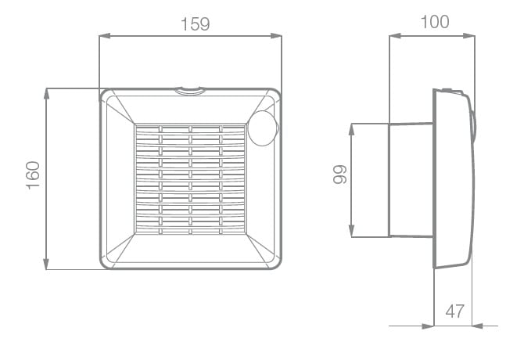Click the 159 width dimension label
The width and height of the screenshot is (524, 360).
(x=196, y=24)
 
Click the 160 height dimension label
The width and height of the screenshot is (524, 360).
(x=33, y=175)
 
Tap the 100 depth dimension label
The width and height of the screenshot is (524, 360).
(x=435, y=22)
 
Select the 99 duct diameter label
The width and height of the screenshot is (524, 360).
(x=340, y=174)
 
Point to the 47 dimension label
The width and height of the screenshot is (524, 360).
(x=455, y=311)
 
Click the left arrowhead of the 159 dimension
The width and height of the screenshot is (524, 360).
(x=105, y=36)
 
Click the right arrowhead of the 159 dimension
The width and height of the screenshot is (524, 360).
(x=276, y=36)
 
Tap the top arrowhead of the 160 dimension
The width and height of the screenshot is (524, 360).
(x=46, y=94)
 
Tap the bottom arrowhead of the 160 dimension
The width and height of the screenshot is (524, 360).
(x=46, y=264)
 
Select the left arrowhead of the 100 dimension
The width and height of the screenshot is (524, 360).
(x=395, y=36)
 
